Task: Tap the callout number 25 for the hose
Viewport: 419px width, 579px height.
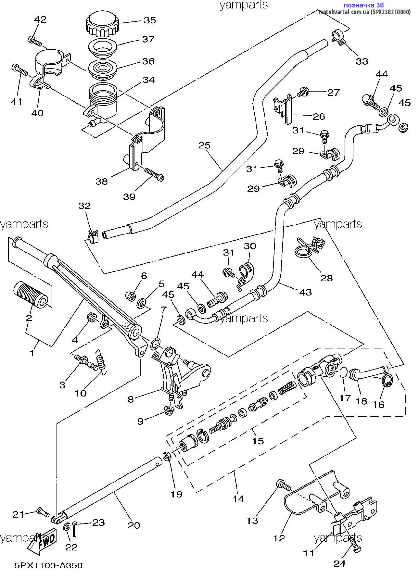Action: tap(204, 145)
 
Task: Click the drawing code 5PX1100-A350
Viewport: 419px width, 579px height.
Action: tap(49, 565)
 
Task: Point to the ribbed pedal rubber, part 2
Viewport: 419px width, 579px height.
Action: tap(32, 292)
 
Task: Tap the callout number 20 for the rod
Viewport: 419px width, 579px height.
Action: tap(134, 525)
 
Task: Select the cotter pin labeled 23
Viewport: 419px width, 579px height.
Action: tap(75, 529)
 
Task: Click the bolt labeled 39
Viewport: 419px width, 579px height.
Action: tap(154, 175)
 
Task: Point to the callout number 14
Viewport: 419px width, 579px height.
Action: tap(238, 499)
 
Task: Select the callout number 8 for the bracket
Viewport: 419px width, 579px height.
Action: tap(130, 400)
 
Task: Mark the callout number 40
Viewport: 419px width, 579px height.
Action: tap(37, 113)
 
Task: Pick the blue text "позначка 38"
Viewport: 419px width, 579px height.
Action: tap(363, 5)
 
